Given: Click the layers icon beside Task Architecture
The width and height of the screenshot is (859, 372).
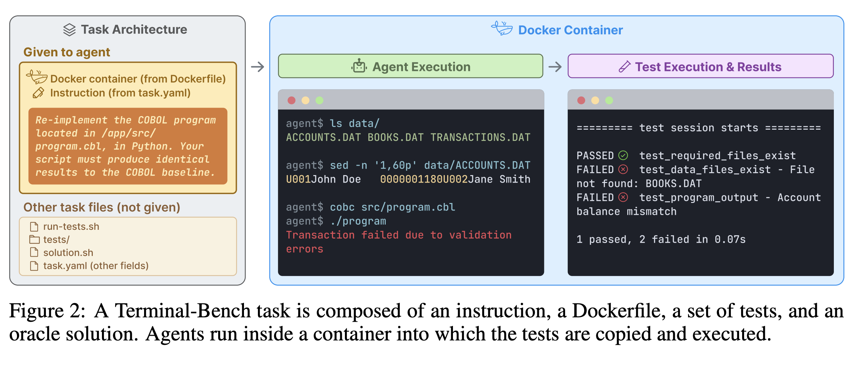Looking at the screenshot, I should pyautogui.click(x=69, y=30).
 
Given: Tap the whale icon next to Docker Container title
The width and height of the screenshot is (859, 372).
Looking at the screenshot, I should pyautogui.click(x=502, y=29).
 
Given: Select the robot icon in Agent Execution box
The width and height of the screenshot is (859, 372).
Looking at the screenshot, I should pyautogui.click(x=359, y=66).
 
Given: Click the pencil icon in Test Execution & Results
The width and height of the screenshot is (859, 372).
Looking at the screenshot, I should pyautogui.click(x=625, y=67).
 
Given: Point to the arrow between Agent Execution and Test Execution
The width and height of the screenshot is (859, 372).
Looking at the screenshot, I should pyautogui.click(x=555, y=67).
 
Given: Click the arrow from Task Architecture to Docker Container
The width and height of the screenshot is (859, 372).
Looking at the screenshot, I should pyautogui.click(x=258, y=67).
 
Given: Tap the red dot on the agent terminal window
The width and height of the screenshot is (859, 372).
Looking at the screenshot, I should pyautogui.click(x=292, y=100).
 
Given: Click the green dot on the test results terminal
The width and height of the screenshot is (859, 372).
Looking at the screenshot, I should pyautogui.click(x=609, y=100).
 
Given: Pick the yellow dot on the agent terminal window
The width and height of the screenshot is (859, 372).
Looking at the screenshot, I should pyautogui.click(x=305, y=100).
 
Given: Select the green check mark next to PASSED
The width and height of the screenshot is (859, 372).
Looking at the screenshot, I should pyautogui.click(x=623, y=155).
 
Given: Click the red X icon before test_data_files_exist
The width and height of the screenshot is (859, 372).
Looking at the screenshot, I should pyautogui.click(x=623, y=169).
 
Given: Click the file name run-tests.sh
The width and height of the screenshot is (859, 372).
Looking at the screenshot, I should pyautogui.click(x=71, y=226).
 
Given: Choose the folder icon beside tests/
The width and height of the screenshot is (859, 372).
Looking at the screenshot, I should pyautogui.click(x=34, y=239).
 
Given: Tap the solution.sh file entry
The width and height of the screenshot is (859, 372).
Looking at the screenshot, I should pyautogui.click(x=68, y=253).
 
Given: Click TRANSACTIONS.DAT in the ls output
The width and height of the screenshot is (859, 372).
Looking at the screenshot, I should pyautogui.click(x=480, y=137).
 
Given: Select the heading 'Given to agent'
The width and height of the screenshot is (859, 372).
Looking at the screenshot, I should pyautogui.click(x=67, y=52).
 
